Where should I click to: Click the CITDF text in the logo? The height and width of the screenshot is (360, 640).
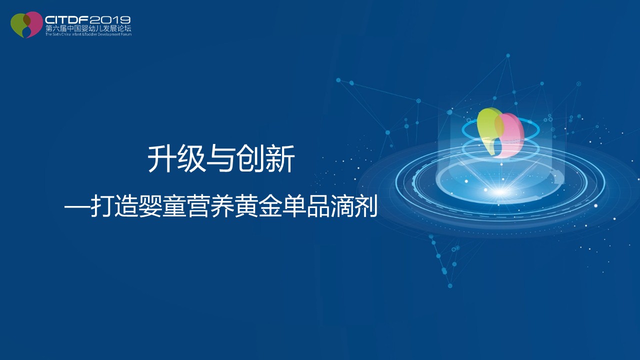tap(67, 20)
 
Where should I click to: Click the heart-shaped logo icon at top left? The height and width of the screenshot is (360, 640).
tap(26, 24)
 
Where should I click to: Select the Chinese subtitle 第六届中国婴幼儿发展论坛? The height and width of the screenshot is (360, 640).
tap(88, 28)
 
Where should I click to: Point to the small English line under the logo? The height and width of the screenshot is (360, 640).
tap(88, 34)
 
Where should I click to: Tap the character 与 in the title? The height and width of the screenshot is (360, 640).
tap(220, 158)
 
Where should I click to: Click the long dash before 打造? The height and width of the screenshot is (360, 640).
tap(77, 206)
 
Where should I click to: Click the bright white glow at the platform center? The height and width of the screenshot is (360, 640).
tap(500, 192)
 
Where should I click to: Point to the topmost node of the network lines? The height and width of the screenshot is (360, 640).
tap(508, 55)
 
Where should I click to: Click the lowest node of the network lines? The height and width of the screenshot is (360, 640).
tap(450, 285)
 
